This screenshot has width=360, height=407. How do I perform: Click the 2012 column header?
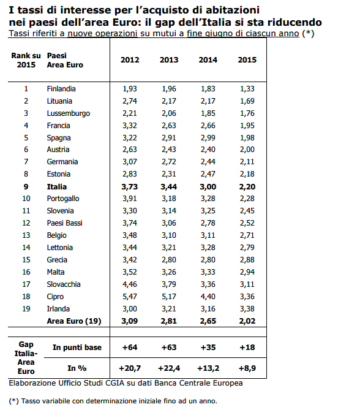click(x=130, y=59)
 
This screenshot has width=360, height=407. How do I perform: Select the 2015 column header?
click(x=247, y=59)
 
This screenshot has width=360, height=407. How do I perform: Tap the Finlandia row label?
click(x=61, y=89)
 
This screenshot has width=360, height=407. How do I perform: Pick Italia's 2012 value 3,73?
click(x=130, y=186)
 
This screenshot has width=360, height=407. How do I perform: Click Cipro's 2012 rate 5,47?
click(x=130, y=297)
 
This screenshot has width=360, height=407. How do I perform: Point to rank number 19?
click(x=26, y=309)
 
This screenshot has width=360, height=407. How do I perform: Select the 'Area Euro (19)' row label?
click(x=73, y=321)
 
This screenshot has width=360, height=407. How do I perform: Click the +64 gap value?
click(x=130, y=348)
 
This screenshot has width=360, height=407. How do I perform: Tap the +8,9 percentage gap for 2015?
click(x=247, y=369)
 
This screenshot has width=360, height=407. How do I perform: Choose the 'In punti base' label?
click(x=77, y=348)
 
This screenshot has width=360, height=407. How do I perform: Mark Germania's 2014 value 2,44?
click(x=208, y=162)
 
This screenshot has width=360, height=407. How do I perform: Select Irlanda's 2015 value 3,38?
click(x=247, y=309)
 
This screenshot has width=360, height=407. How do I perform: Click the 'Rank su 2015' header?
click(x=26, y=59)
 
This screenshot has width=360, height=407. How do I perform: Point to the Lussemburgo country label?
click(x=69, y=113)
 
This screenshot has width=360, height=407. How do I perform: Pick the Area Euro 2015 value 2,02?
click(x=247, y=321)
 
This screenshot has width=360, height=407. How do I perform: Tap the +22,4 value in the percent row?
click(x=169, y=369)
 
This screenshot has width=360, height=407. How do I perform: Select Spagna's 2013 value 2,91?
click(x=169, y=138)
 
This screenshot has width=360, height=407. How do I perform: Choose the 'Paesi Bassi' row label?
click(x=65, y=223)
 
